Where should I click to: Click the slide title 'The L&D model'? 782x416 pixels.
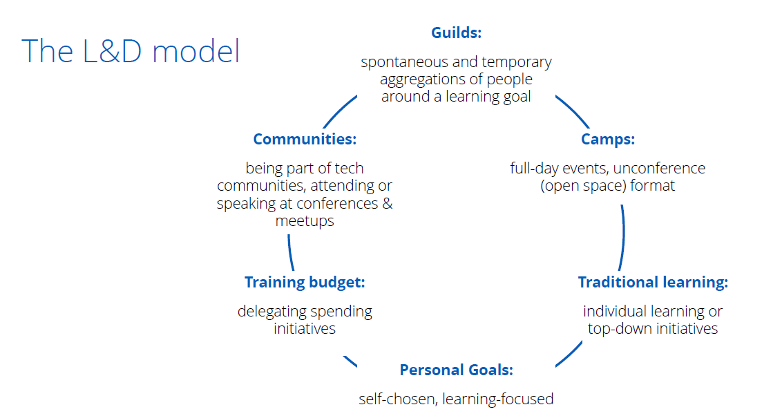tap(131, 51)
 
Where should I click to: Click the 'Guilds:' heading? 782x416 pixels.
tap(457, 32)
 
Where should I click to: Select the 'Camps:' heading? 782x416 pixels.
tap(608, 139)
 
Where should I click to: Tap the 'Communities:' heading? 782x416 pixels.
tap(305, 139)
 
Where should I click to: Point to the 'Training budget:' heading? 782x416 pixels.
tap(305, 283)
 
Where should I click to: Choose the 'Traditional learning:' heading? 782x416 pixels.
tap(653, 283)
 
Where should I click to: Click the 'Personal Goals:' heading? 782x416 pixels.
tap(457, 370)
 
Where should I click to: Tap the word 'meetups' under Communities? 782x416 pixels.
tap(305, 221)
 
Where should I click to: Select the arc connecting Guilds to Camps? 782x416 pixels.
tap(573, 111)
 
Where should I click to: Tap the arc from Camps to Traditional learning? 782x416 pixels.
tap(623, 238)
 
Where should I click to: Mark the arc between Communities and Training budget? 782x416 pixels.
tap(289, 253)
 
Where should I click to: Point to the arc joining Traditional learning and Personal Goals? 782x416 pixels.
tap(570, 354)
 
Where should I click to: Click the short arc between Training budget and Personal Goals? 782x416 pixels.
tap(350, 361)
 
